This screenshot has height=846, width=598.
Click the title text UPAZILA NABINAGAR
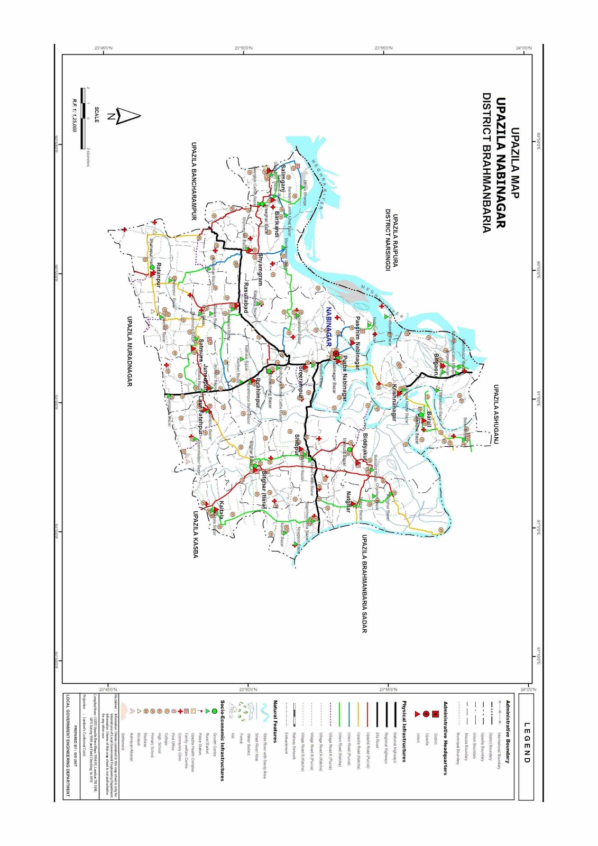[500, 163]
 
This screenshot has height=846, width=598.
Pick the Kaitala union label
[222, 511]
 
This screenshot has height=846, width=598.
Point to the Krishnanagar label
[394, 402]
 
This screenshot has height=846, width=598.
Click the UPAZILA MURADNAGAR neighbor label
[130, 351]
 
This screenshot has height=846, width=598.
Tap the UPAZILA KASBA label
[195, 534]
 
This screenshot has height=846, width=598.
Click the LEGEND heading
[526, 742]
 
